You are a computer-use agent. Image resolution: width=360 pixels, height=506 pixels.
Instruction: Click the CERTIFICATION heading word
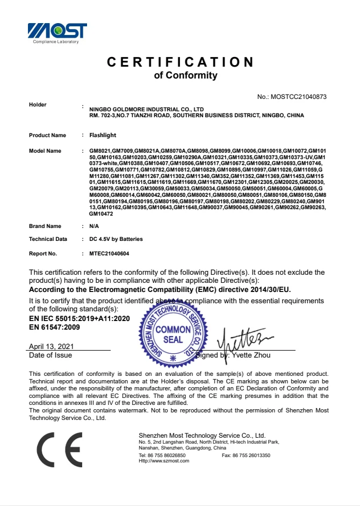[180, 62]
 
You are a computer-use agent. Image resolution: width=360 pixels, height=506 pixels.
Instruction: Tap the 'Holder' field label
[38, 105]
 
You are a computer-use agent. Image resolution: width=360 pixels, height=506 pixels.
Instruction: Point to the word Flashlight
[103, 135]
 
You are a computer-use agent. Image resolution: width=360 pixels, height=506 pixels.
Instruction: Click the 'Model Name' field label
[45, 151]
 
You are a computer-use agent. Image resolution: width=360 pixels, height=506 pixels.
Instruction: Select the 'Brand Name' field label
[45, 226]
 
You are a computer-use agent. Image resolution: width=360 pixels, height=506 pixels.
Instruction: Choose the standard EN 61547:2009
[54, 327]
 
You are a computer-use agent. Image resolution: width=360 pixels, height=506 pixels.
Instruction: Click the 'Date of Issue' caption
[51, 355]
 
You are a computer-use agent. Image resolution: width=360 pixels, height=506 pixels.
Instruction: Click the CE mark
[60, 449]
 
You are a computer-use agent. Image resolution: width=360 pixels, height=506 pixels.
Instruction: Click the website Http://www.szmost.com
[164, 461]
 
